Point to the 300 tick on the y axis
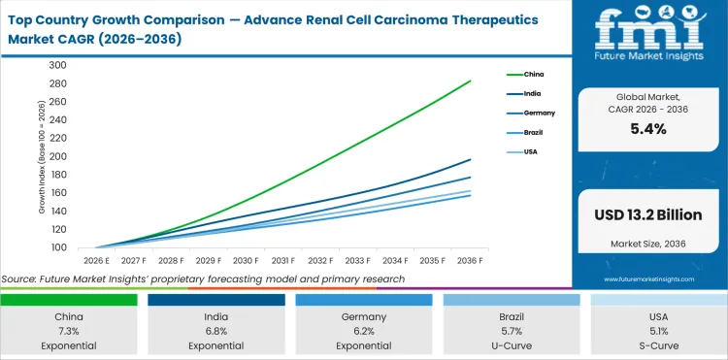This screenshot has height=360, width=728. click(58, 65)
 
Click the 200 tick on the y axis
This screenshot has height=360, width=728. click(58, 156)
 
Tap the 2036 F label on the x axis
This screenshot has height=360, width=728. click(471, 261)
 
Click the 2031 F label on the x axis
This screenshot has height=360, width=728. click(282, 261)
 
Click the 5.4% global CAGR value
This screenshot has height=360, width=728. click(647, 129)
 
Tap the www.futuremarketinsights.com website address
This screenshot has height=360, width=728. click(647, 278)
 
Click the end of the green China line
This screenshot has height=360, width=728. click(471, 81)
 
